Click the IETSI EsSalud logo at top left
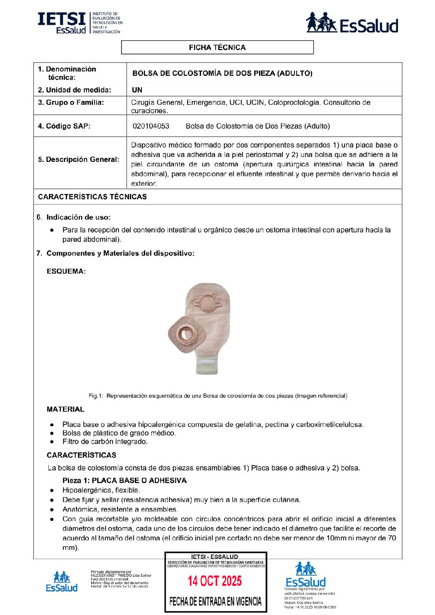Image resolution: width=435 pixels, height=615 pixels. pos(80,23)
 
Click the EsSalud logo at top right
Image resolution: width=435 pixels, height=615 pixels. pos(352,23)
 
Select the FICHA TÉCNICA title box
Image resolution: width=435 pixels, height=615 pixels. pos(217,47)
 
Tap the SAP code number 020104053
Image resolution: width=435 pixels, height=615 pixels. pos(151,126)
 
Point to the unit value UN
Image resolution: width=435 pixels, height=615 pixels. pos(137,90)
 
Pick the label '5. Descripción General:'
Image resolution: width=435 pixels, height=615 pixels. pos(79,159)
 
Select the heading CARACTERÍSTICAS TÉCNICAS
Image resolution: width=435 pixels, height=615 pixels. pos(92,197)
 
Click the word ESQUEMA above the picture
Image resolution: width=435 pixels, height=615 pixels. pos(66,271)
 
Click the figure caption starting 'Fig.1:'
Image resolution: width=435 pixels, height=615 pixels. pos(218,396)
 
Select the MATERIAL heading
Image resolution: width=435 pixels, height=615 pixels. pos(65,409)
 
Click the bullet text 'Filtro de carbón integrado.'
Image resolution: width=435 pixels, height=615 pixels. pos(105,442)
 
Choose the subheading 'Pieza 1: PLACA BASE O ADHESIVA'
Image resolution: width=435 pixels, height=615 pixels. pos(125,480)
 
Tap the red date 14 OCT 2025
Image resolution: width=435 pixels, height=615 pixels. pos(215,581)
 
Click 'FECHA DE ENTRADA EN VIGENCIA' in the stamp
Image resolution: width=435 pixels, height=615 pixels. pos(215,602)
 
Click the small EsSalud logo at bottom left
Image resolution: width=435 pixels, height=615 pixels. pos(62,582)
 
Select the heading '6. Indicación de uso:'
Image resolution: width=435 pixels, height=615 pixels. pos(78,217)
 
